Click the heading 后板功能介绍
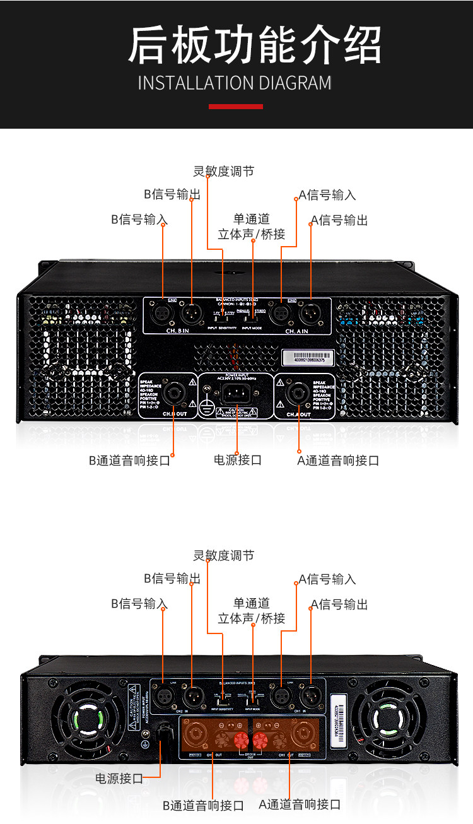255,45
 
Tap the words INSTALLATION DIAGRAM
235,83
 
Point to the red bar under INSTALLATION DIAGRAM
236,107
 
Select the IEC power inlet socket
237,395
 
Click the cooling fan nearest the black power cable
90,719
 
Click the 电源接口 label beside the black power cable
119,779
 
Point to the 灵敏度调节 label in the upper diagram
223,171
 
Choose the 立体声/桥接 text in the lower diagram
252,618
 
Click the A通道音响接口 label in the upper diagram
338,461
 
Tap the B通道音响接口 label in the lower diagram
203,806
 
